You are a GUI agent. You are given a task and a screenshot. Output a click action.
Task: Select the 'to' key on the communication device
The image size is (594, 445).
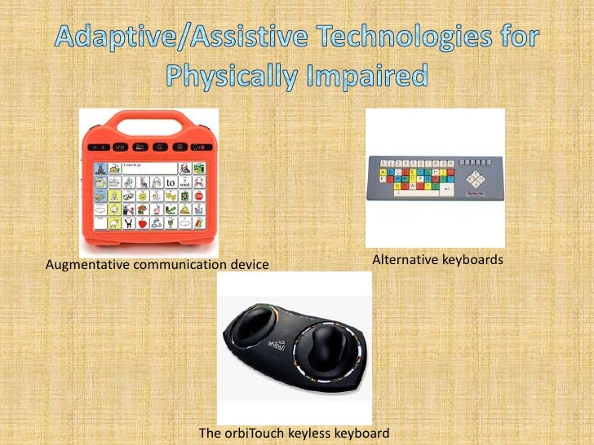click(x=171, y=183)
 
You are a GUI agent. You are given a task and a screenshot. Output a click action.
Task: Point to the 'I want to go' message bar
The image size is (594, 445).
click(x=147, y=167)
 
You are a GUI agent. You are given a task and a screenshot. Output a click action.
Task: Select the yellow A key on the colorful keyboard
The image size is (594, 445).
click(x=380, y=173)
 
